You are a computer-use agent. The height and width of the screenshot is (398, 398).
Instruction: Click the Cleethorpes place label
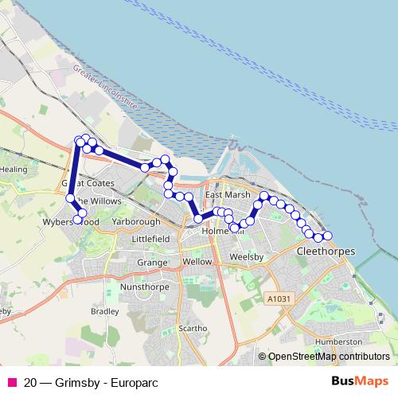pyautogui.click(x=325, y=251)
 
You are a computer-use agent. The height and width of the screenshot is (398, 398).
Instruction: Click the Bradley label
pyautogui.click(x=104, y=311)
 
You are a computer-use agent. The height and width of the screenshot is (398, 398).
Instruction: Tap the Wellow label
pyautogui.click(x=197, y=261)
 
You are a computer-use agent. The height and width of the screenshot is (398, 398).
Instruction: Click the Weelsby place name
pyautogui.click(x=245, y=258)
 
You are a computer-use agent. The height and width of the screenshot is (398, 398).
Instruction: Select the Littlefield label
pyautogui.click(x=150, y=238)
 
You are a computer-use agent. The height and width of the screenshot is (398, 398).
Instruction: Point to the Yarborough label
pyautogui.click(x=136, y=221)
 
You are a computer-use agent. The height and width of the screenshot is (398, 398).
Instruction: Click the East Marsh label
pyautogui.click(x=228, y=194)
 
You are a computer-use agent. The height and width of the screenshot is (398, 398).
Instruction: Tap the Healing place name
pyautogui.click(x=14, y=170)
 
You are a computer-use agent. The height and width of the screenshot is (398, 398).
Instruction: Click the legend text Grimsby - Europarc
pyautogui.click(x=89, y=382)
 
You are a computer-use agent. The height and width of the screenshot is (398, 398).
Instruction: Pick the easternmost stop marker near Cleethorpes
pyautogui.click(x=327, y=235)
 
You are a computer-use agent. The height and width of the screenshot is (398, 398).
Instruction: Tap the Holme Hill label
pyautogui.click(x=216, y=230)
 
